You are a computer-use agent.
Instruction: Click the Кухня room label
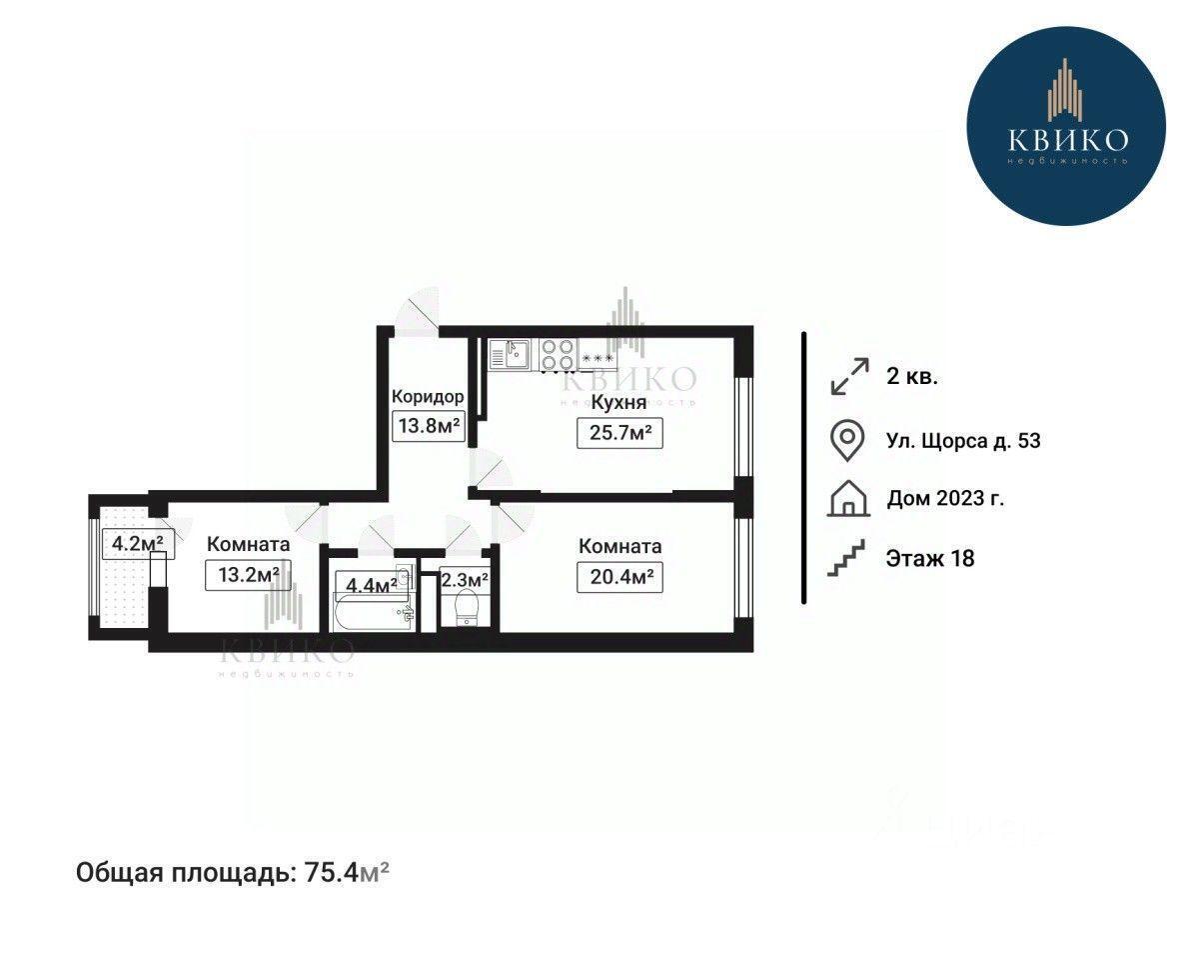(618, 402)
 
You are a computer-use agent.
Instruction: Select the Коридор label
(428, 396)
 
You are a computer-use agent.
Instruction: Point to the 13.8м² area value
(430, 425)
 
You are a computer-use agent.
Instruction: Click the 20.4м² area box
(620, 578)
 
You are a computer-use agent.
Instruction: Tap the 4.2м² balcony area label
(138, 543)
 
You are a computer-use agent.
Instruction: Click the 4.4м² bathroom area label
(371, 585)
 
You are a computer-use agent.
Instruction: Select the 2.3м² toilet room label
(464, 581)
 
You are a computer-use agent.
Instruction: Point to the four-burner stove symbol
(559, 354)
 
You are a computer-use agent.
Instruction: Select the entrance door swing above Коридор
(420, 311)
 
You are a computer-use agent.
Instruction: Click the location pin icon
(847, 440)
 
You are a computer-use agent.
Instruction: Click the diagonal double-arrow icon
(849, 376)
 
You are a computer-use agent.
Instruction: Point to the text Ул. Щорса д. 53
(963, 441)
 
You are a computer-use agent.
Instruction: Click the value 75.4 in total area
(331, 873)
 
